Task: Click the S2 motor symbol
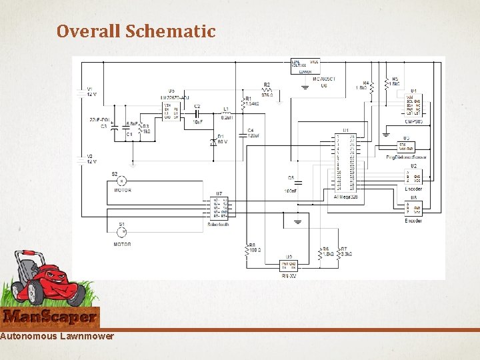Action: [122, 181]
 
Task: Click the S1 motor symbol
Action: [122, 232]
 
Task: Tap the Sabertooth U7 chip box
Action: [219, 208]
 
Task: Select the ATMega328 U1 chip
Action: [345, 164]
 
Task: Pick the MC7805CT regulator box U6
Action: [305, 65]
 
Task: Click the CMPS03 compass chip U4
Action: [413, 107]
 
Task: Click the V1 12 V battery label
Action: [91, 91]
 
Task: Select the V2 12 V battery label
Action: [91, 159]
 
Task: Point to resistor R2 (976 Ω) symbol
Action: [266, 89]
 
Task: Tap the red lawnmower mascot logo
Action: [50, 283]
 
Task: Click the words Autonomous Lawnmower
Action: [57, 336]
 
